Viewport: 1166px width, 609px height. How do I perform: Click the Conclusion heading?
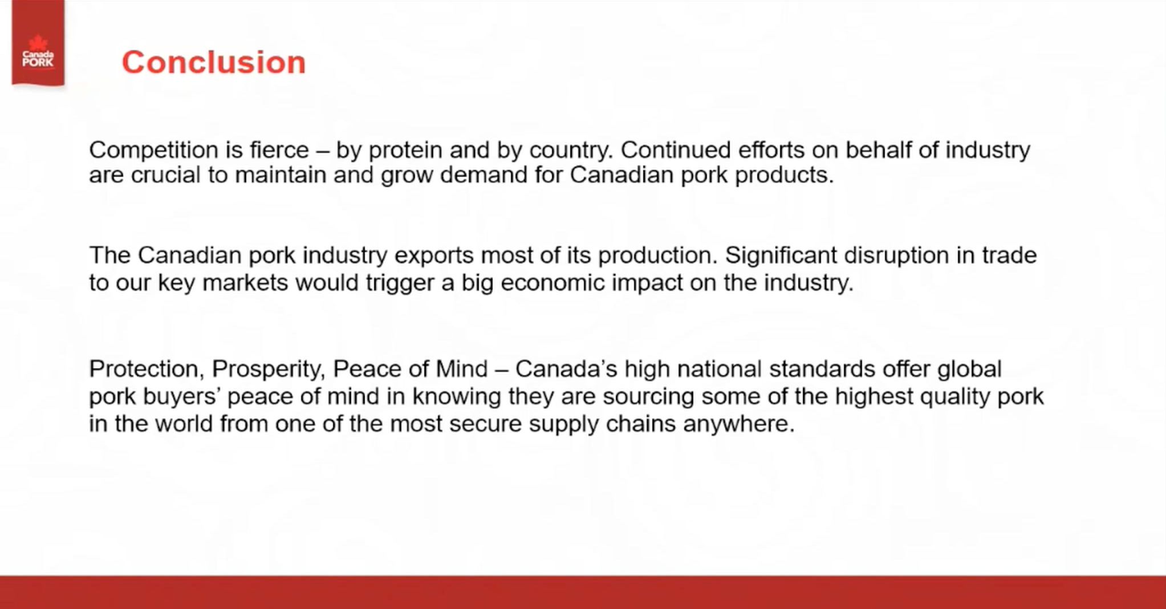[214, 62]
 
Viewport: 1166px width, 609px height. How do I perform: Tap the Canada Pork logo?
[38, 43]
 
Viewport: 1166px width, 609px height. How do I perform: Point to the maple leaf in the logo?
[38, 43]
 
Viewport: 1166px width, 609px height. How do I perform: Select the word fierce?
[279, 150]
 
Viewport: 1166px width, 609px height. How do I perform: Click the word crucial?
[166, 175]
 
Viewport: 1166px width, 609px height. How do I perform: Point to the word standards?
[822, 369]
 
